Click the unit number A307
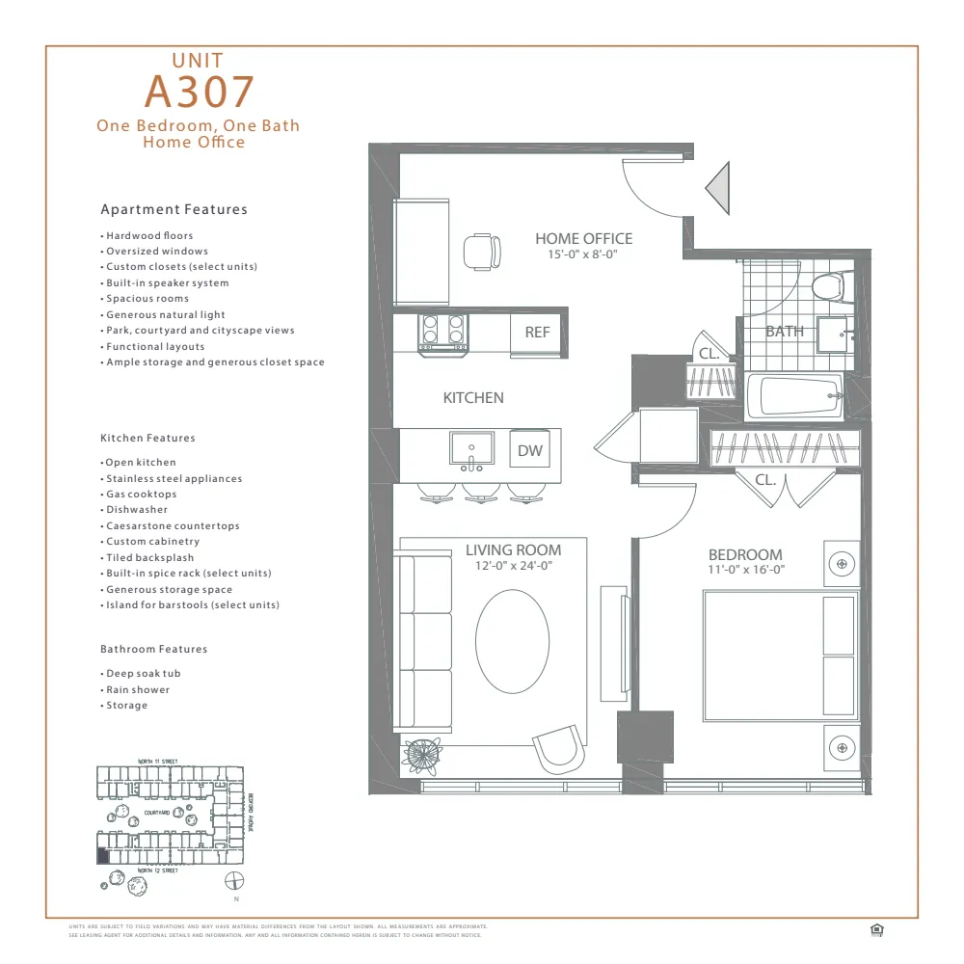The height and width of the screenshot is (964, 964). coord(199,91)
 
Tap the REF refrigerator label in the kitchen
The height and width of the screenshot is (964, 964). coord(537,332)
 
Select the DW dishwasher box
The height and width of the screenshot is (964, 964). coord(529,449)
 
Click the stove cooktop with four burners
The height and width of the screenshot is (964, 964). coord(442,332)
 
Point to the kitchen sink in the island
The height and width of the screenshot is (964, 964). coord(471,449)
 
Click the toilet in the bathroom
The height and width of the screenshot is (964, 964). coord(827,285)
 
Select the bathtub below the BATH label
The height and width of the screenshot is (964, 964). coord(794,396)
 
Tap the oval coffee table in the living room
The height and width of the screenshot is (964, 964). coord(513,639)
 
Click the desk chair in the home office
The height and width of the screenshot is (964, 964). coord(481,252)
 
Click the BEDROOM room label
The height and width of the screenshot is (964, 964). coord(745,554)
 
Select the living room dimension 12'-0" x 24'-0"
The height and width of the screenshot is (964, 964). coord(513,566)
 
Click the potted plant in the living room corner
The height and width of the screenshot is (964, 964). coord(421,754)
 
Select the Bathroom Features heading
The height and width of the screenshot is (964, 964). coord(154,649)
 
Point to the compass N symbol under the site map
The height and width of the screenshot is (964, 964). coord(233,881)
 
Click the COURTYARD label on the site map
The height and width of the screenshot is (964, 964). coord(156,813)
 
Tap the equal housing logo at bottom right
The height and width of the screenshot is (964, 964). coord(876,929)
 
